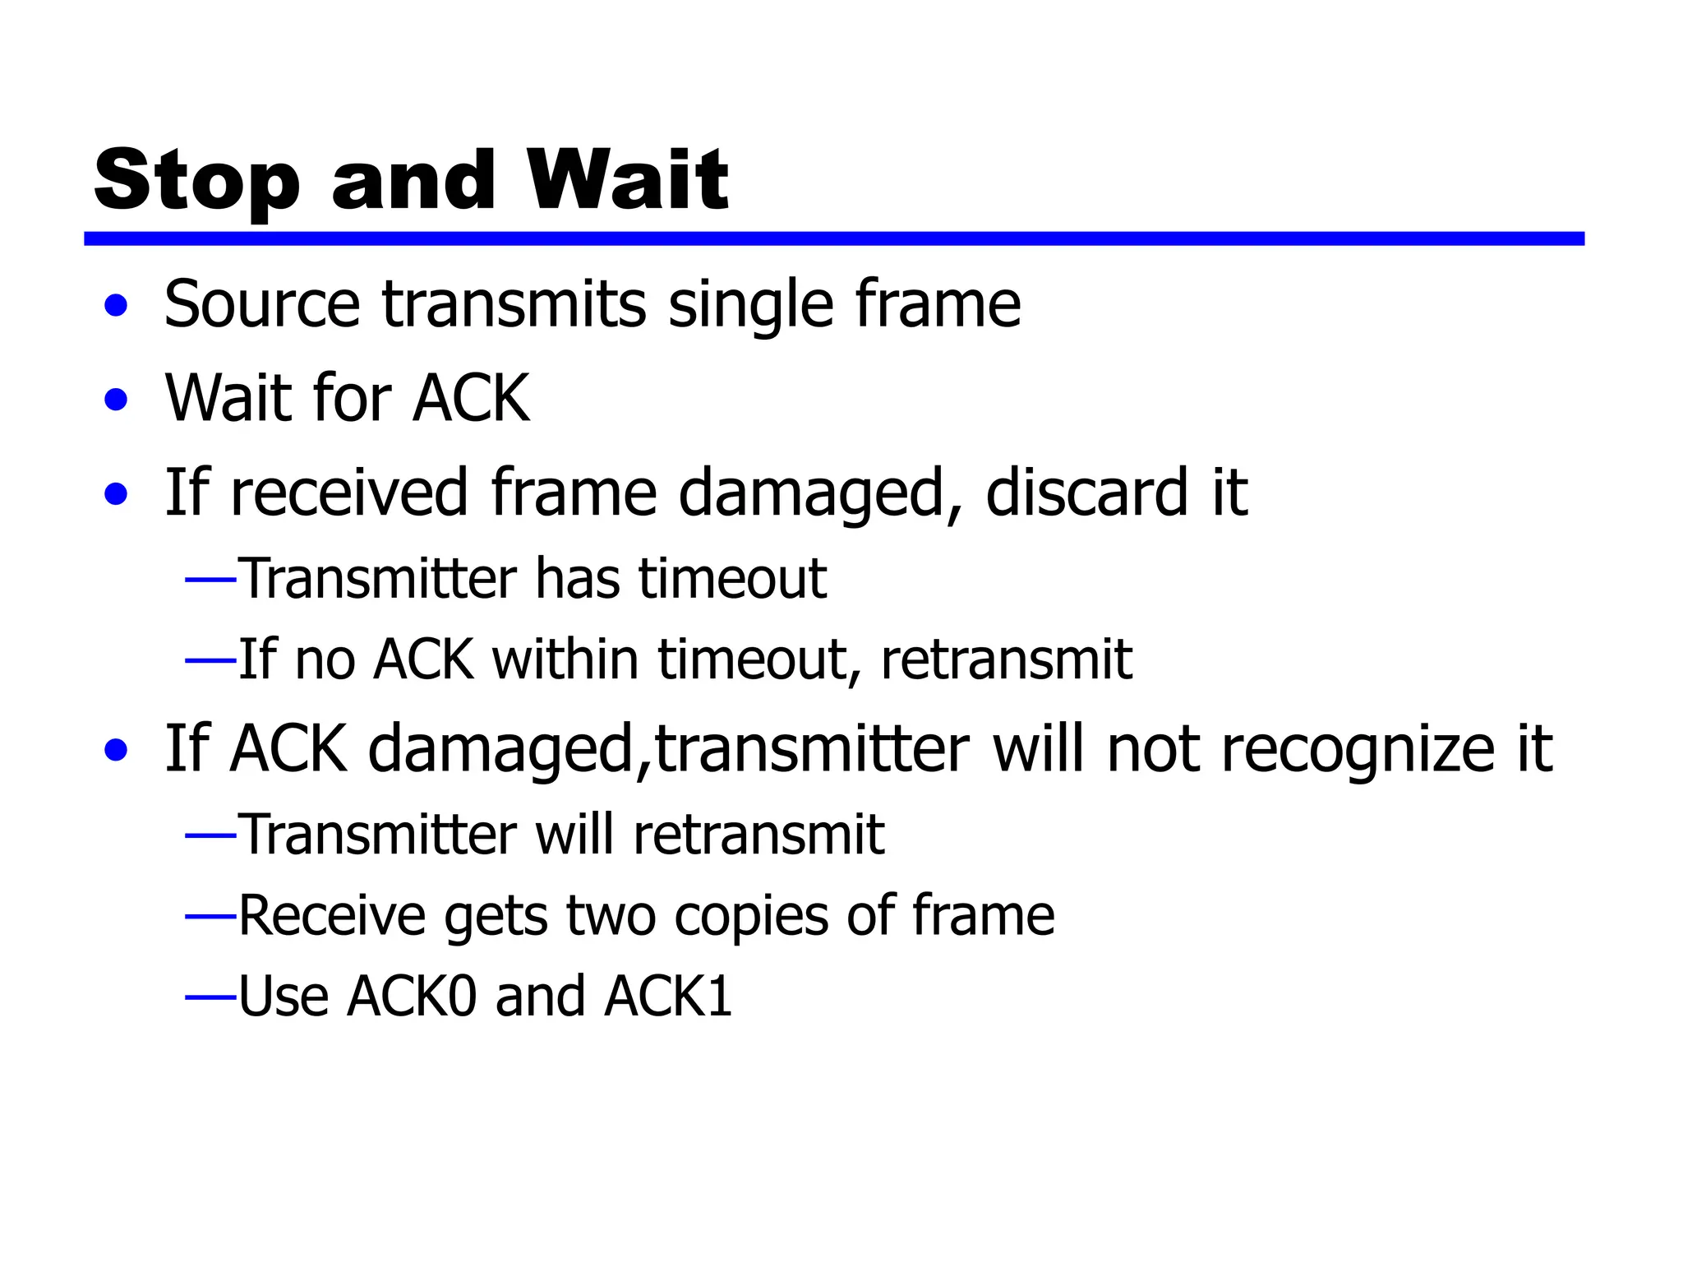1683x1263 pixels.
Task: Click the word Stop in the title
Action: tap(197, 181)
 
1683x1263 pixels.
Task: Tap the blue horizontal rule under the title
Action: tap(833, 238)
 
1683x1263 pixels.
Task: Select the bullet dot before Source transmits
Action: tap(117, 306)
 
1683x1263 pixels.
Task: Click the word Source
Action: tap(262, 304)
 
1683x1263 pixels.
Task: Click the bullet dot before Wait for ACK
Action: tap(117, 400)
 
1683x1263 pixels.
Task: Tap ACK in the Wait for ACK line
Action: tap(471, 399)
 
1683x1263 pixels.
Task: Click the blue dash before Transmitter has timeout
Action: tap(210, 581)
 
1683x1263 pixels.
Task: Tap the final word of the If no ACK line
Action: tap(1006, 659)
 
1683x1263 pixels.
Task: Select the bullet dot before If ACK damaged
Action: tap(117, 750)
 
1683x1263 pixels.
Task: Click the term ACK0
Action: tap(412, 997)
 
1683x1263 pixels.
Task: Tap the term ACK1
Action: tap(667, 997)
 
